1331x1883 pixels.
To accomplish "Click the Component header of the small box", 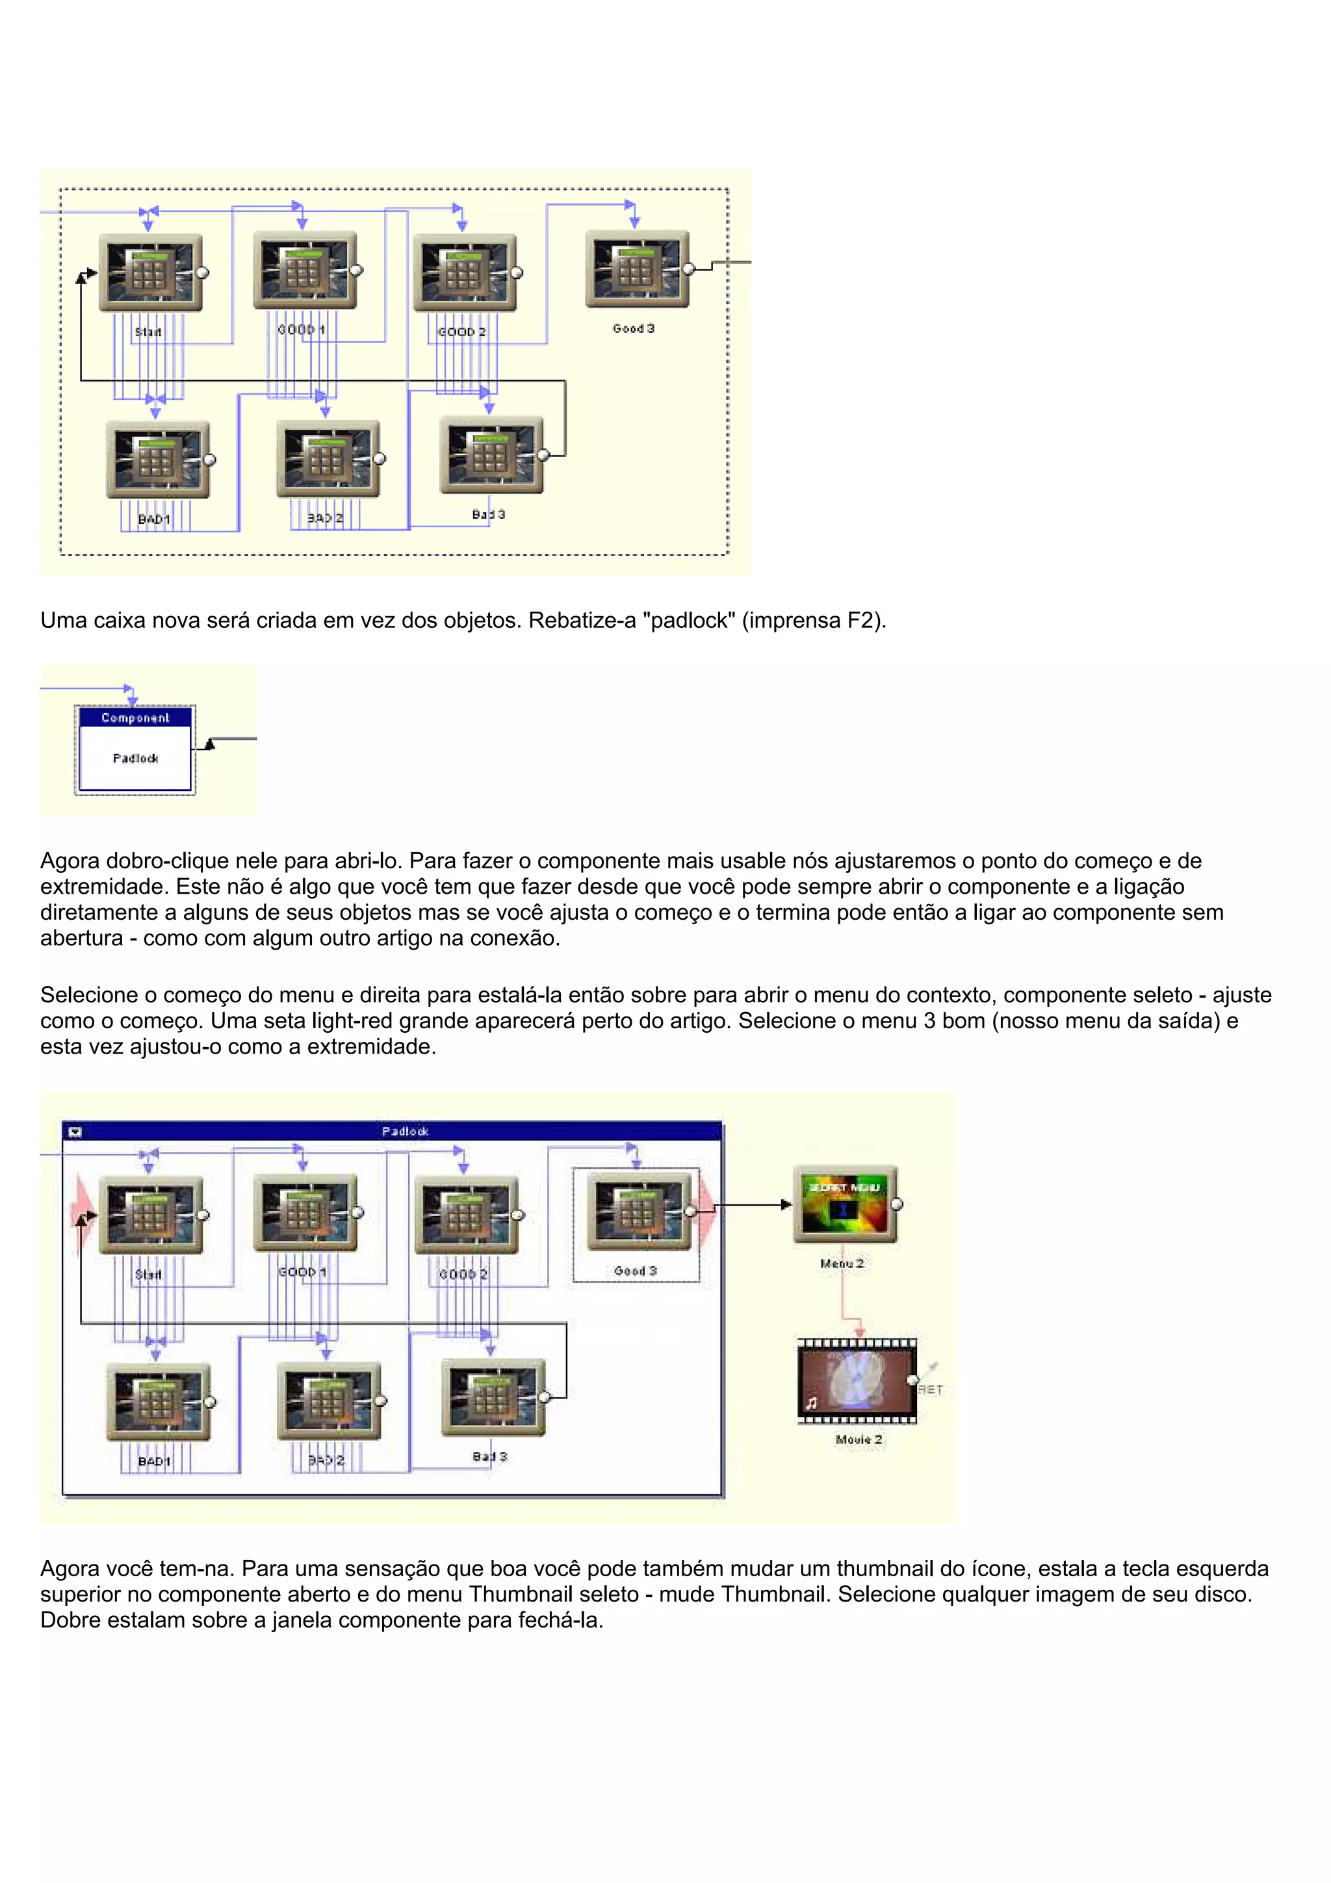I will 135,718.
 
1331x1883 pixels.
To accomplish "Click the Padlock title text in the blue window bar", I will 405,1131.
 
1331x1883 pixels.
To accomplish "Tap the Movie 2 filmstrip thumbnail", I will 857,1381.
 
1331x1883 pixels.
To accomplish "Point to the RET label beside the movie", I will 931,1389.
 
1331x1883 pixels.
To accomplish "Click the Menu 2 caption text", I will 842,1264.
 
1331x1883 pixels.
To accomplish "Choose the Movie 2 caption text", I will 859,1439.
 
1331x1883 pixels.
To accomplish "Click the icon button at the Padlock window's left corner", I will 75,1132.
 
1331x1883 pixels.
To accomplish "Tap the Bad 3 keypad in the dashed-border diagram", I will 491,454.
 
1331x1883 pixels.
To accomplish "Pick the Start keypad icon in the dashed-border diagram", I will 150,272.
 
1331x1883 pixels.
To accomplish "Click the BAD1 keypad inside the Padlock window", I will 157,1401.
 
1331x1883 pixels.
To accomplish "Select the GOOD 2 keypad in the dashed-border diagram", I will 464,272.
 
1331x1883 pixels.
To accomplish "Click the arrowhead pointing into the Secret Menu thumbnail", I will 786,1205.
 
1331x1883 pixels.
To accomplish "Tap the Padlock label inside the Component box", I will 135,759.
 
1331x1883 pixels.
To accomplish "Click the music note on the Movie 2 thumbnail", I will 812,1403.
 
